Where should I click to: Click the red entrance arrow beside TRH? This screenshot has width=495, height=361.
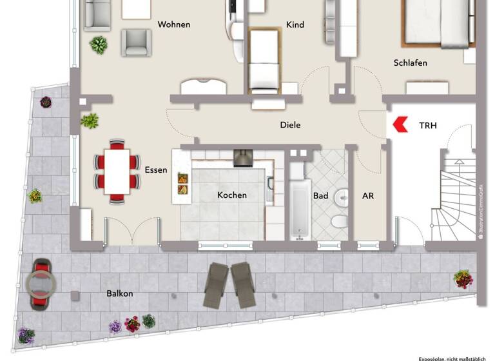pos(400,124)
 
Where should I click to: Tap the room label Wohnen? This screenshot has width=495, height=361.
pos(174,25)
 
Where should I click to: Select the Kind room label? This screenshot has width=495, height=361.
pos(295,25)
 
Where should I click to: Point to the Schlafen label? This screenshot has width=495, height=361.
pos(411,63)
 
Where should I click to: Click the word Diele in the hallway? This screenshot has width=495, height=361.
pos(290,125)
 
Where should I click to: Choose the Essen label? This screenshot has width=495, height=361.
pos(157,171)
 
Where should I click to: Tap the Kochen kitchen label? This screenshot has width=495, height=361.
pos(232,195)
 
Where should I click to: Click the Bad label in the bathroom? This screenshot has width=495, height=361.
pos(320,195)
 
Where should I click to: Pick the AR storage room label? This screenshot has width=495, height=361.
pos(368,195)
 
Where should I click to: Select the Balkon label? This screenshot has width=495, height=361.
pos(120,293)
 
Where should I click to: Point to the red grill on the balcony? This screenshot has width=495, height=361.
pos(41,283)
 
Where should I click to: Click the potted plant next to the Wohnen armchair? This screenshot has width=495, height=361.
pos(99,44)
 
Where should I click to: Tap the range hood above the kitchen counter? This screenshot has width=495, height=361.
pos(243,157)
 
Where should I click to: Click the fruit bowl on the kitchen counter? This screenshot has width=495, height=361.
pos(183,184)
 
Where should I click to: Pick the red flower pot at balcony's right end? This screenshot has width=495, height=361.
pos(463,278)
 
